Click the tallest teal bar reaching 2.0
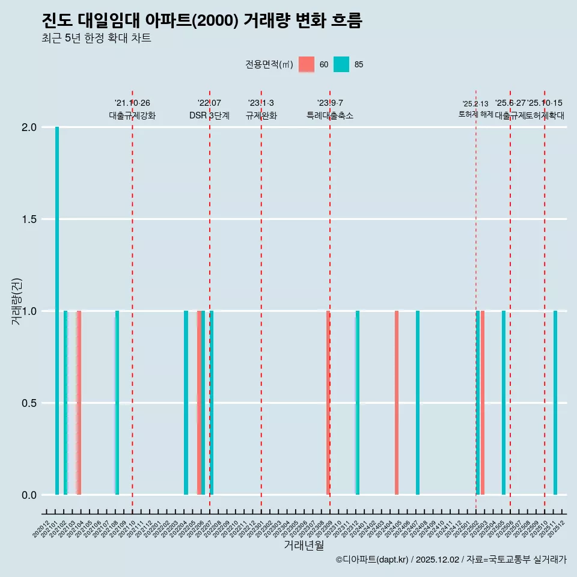click(x=57, y=311)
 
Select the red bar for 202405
click(x=397, y=403)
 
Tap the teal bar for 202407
click(x=418, y=403)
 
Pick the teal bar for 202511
click(x=555, y=403)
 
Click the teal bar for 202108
click(x=117, y=403)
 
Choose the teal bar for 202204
click(x=186, y=403)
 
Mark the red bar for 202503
click(x=483, y=403)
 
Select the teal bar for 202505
click(x=504, y=403)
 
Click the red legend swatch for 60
click(x=307, y=64)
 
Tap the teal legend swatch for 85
click(x=341, y=64)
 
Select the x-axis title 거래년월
click(x=304, y=546)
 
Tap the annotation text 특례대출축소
click(x=330, y=116)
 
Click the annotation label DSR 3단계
click(x=209, y=116)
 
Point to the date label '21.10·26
click(x=132, y=103)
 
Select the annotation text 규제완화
click(x=261, y=116)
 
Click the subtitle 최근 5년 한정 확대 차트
click(x=96, y=38)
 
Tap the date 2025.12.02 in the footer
click(x=438, y=560)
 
